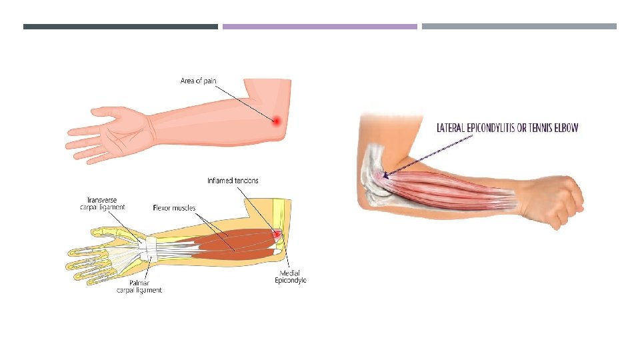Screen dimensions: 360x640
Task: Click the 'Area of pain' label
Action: pyautogui.click(x=198, y=81)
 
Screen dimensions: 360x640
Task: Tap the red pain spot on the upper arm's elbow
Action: pyautogui.click(x=275, y=121)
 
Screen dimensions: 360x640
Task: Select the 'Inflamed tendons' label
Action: pyautogui.click(x=233, y=181)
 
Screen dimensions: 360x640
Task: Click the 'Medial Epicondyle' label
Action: pyautogui.click(x=291, y=277)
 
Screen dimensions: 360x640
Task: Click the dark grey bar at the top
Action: pyautogui.click(x=121, y=27)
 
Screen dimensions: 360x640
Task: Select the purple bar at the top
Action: pyautogui.click(x=319, y=27)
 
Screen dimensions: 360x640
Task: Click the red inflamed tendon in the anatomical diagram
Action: pyautogui.click(x=276, y=234)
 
